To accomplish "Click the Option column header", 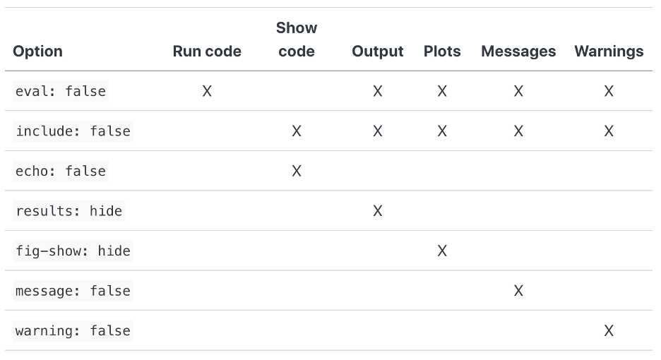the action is (x=37, y=52).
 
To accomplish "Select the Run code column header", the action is (x=207, y=52).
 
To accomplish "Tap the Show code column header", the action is (x=297, y=40).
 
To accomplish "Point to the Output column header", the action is (x=377, y=52).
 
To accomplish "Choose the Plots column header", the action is (x=442, y=52).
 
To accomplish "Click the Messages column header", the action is (x=518, y=52).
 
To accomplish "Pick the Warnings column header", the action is (x=609, y=52).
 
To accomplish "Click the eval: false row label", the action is (x=61, y=91).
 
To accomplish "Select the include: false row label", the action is (x=73, y=131).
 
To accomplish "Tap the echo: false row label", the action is (x=61, y=171).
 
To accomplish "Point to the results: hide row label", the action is (x=69, y=211).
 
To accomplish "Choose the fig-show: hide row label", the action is (x=73, y=251).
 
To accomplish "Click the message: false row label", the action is (x=73, y=291).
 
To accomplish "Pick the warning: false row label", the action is (x=73, y=331).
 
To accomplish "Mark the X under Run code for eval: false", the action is (x=207, y=91).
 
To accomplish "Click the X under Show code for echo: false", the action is (x=297, y=171).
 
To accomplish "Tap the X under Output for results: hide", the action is (x=378, y=211).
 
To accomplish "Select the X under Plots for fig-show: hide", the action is (x=442, y=251).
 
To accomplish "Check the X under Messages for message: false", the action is (x=518, y=291).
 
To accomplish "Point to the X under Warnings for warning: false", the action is (x=609, y=331).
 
